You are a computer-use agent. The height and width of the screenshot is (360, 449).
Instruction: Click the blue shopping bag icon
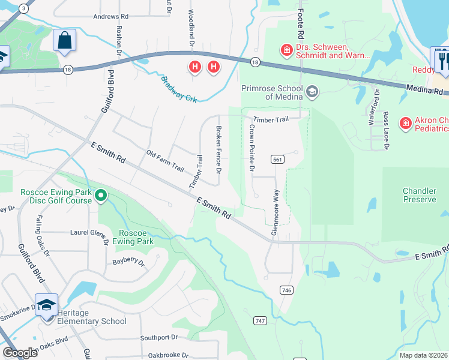pyautogui.click(x=65, y=41)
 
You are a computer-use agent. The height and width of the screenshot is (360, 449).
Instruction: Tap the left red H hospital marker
pyautogui.click(x=194, y=67)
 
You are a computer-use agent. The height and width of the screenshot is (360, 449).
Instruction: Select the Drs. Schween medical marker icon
pyautogui.click(x=287, y=49)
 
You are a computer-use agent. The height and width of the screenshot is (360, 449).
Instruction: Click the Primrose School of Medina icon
pyautogui.click(x=312, y=92)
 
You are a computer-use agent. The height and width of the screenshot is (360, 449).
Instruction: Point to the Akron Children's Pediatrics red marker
pyautogui.click(x=406, y=123)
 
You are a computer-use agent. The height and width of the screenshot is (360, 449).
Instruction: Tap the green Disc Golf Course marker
pyautogui.click(x=101, y=195)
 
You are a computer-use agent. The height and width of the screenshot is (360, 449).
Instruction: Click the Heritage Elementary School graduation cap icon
pyautogui.click(x=46, y=305)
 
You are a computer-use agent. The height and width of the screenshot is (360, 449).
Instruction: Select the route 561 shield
pyautogui.click(x=277, y=159)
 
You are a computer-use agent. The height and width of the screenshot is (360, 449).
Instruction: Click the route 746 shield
pyautogui.click(x=286, y=290)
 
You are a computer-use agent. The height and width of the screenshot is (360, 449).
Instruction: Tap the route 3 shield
pyautogui.click(x=23, y=8)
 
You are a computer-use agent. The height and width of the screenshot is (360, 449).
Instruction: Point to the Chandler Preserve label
pyautogui.click(x=419, y=195)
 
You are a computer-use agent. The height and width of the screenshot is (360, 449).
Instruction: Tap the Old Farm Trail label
pyautogui.click(x=165, y=161)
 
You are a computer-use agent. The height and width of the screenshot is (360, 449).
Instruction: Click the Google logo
pyautogui.click(x=20, y=353)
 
